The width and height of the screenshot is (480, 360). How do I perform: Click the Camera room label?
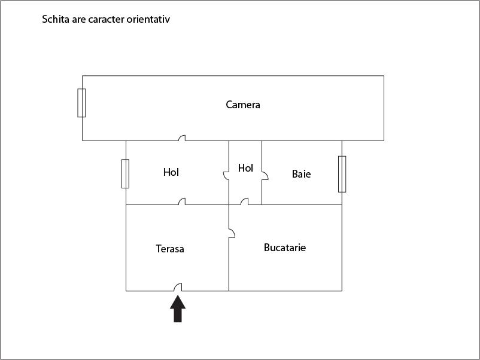coord(243,105)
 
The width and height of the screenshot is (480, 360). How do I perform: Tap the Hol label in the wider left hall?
coord(171,172)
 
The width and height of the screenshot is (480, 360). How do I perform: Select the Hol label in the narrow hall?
coord(245,168)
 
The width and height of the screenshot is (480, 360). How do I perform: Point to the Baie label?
coord(301,174)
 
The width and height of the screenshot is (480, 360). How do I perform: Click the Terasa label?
coord(170,249)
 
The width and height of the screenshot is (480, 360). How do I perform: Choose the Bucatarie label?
coord(285,248)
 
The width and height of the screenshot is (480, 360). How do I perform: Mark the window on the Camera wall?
coord(81,103)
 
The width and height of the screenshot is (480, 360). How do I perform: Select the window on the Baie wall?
coord(342,174)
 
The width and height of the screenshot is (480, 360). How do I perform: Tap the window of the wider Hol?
coord(125,174)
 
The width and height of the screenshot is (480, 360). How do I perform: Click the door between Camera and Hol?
coord(182,138)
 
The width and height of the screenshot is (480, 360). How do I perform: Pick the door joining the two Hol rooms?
coord(226,176)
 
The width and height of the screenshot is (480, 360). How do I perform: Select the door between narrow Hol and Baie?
coord(265,176)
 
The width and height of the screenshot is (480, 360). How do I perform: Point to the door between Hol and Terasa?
coord(182,202)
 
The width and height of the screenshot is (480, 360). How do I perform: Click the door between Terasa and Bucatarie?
coord(232,233)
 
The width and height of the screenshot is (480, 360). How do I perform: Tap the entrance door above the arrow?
coord(178,287)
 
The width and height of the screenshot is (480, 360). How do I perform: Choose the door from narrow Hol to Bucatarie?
coord(244,202)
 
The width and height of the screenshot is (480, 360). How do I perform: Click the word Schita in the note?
coord(56,19)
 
